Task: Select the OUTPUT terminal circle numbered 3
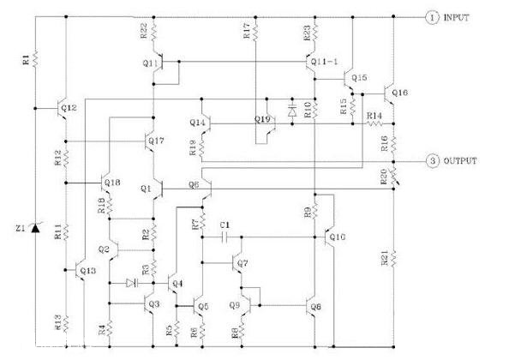pos(434,160)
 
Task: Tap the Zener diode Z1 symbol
pos(34,229)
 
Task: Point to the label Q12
pos(70,107)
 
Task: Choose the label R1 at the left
pos(26,59)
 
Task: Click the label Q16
pos(401,92)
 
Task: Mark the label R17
pos(247,32)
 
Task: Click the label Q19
pos(263,117)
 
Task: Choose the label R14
pos(374,115)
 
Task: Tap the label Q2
pos(105,249)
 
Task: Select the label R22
pos(143,31)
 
